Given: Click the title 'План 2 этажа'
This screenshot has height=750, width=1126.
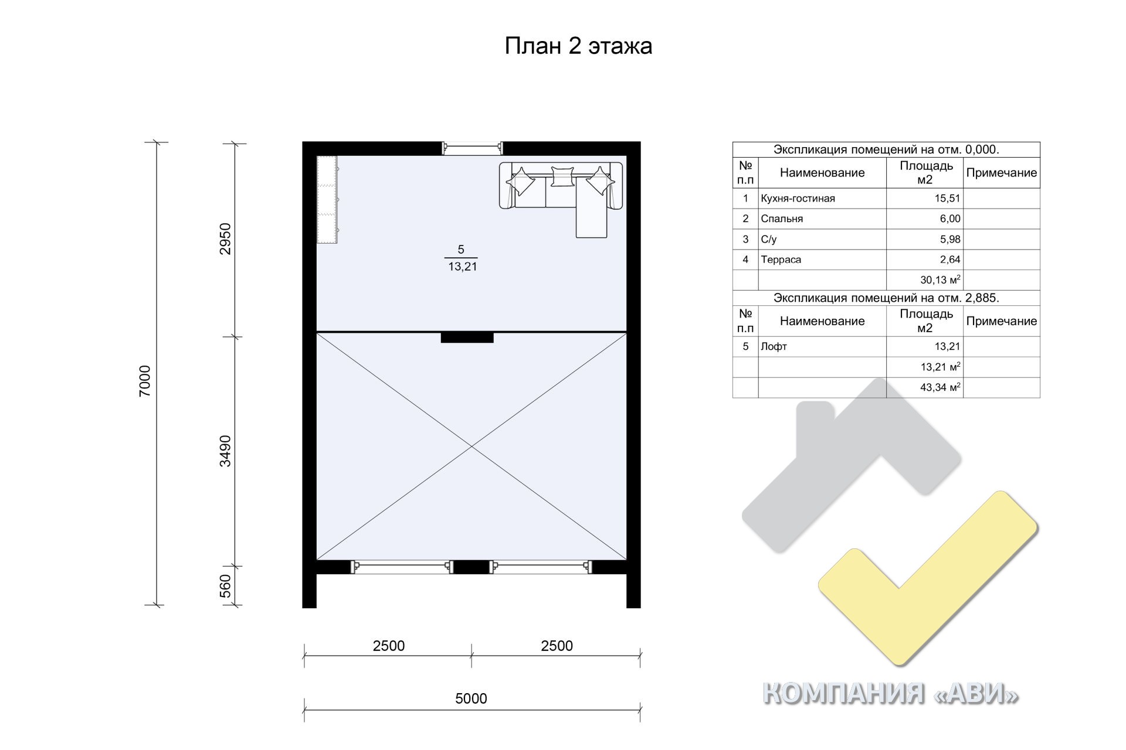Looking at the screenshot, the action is [x=578, y=46].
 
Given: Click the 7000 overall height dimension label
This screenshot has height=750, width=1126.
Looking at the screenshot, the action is [x=145, y=381].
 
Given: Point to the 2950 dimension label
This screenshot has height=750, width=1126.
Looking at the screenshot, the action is [x=225, y=239].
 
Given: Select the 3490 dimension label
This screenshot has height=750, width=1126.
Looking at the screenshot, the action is [x=225, y=451].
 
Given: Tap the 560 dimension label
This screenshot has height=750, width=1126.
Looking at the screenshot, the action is [x=225, y=587].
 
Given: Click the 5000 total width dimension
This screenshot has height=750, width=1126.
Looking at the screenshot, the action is [x=471, y=698].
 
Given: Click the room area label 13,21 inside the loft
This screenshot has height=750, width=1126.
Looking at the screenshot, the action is [x=463, y=267].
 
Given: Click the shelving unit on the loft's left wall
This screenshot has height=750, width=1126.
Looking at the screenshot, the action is [x=328, y=199].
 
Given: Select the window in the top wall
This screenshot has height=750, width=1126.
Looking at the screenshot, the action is [x=472, y=148].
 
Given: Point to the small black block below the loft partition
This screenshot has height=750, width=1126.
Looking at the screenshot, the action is [x=467, y=337].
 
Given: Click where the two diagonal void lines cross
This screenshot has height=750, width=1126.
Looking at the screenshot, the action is [x=472, y=447].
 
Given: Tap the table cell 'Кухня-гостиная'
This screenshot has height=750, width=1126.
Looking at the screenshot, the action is [x=798, y=199].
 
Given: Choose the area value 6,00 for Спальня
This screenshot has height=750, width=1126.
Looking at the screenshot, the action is [x=950, y=219].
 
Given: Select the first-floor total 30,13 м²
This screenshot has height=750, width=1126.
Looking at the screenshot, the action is [x=940, y=280].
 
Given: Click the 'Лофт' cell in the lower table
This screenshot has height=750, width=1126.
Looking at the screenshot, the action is [x=774, y=346].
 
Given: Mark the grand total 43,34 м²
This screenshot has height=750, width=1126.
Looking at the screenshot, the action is [x=940, y=387].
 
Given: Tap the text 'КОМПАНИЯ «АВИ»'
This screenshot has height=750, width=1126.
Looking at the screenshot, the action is [x=890, y=694].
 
